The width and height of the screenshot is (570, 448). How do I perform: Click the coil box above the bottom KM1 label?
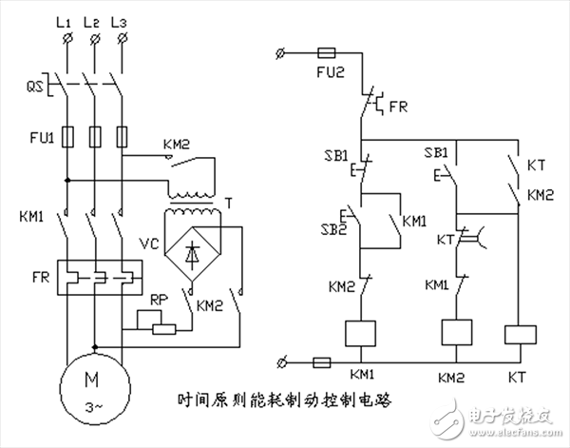click(362, 332)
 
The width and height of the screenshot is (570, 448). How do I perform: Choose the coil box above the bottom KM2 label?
click(459, 332)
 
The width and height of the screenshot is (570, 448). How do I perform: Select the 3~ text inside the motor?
click(93, 404)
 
